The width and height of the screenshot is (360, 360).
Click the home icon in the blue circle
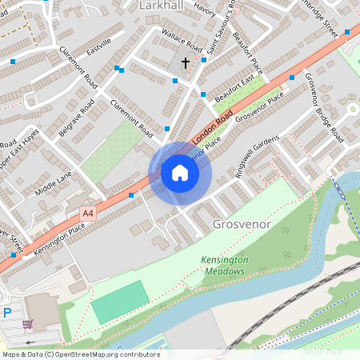[x=180, y=172]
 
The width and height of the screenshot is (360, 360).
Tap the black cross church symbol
[x=186, y=62]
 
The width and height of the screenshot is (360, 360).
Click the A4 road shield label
[x=88, y=213]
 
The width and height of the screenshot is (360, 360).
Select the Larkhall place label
[x=162, y=6]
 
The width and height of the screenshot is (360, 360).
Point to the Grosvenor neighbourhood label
[x=242, y=226]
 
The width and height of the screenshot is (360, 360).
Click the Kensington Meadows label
[x=223, y=266]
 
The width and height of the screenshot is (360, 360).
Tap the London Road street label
[x=212, y=128]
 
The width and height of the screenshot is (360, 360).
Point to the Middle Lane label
[x=54, y=183]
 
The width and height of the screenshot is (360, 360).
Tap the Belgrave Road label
[x=77, y=119]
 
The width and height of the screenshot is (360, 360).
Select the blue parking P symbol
[x=6, y=313]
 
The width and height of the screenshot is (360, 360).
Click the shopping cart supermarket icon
[x=29, y=324]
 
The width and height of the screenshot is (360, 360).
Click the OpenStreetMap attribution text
[x=80, y=354]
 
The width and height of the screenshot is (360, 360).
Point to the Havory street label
[x=204, y=11]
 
